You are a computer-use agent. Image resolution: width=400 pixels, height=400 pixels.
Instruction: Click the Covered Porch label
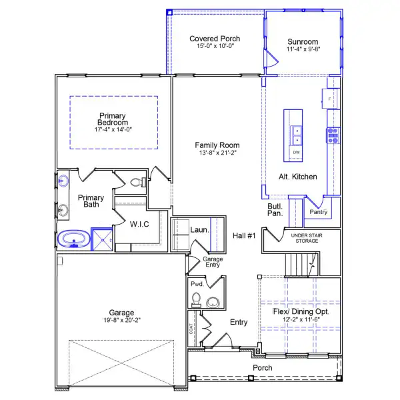click(215, 39)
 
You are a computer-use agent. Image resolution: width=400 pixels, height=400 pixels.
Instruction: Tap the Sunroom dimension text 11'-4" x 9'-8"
click(303, 49)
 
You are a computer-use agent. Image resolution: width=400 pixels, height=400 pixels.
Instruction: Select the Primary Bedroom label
click(113, 119)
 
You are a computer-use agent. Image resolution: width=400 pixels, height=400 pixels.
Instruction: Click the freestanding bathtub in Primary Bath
click(74, 239)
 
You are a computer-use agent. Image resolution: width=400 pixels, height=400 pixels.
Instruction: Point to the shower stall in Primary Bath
click(102, 239)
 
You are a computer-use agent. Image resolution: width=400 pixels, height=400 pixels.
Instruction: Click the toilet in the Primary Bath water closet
click(138, 182)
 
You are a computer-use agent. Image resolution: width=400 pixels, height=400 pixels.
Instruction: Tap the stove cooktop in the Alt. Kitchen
click(333, 135)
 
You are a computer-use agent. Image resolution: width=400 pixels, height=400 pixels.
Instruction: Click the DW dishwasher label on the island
click(296, 152)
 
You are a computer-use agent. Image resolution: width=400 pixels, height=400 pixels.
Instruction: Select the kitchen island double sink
click(297, 135)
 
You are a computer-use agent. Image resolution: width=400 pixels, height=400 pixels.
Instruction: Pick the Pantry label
click(318, 212)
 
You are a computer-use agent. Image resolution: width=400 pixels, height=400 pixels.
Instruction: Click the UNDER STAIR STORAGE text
click(307, 238)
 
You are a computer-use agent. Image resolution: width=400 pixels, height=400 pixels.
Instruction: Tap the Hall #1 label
click(244, 235)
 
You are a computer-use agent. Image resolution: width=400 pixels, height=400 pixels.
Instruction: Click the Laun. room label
click(199, 230)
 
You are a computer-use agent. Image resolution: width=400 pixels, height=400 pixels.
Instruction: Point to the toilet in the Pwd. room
click(196, 299)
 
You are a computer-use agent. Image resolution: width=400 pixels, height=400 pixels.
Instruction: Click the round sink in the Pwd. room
click(213, 302)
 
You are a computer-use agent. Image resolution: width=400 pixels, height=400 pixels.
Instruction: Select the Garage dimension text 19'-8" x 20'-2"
click(122, 320)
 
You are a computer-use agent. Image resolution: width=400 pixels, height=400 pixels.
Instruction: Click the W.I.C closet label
click(139, 224)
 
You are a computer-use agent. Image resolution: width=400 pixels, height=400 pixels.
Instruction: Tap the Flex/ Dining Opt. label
click(301, 311)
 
